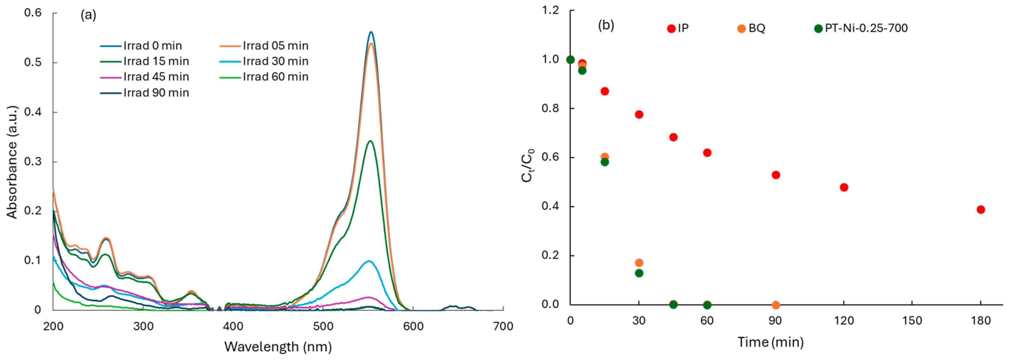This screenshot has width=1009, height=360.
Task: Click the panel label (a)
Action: [x=88, y=15]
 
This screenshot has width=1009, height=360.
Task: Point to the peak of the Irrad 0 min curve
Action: [x=371, y=32]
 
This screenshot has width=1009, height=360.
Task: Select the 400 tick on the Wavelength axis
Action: [x=233, y=326]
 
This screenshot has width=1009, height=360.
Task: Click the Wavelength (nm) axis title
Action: [x=278, y=347]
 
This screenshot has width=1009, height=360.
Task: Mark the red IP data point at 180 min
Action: [x=980, y=210]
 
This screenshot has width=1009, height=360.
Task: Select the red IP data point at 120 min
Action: [x=844, y=187]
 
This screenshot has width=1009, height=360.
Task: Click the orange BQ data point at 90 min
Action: [x=775, y=305]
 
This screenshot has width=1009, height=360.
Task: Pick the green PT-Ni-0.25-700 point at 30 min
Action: [x=639, y=273]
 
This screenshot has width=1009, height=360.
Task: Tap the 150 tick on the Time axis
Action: [x=912, y=321]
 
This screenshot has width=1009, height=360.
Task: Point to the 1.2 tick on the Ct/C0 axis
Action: [x=550, y=10]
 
